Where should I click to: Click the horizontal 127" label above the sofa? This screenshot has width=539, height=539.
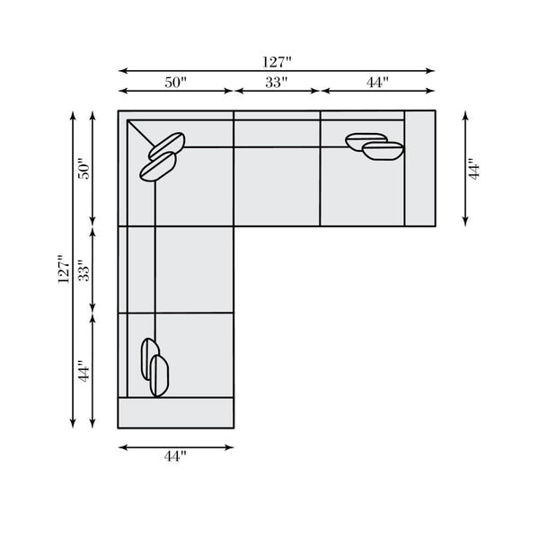(277, 62)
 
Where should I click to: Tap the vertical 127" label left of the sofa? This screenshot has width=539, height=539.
(64, 269)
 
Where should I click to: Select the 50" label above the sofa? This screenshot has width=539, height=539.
(175, 83)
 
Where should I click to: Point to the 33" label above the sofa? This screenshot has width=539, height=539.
(277, 83)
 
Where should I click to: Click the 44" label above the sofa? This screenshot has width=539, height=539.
(377, 83)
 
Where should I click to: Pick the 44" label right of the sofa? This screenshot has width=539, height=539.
(473, 169)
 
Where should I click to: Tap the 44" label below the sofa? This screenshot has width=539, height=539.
(175, 456)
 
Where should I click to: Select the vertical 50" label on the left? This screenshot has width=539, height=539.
(84, 169)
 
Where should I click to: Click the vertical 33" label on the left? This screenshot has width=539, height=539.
(84, 270)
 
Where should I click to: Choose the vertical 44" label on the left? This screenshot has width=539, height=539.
(84, 371)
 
